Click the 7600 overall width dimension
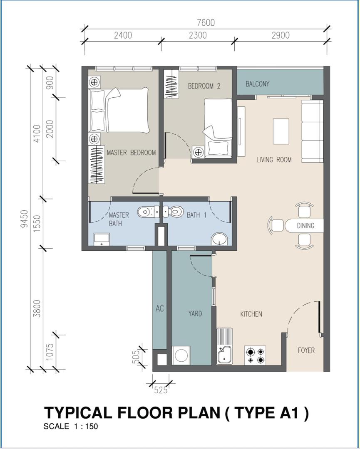point(206,22)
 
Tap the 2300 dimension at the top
point(198,35)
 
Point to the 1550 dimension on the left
point(37,223)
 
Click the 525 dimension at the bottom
point(161,390)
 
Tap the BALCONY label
point(257,84)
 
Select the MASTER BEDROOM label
point(131,152)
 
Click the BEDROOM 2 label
point(204,86)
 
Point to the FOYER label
point(306,350)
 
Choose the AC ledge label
point(160,308)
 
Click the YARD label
point(195,313)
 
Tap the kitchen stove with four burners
point(255,355)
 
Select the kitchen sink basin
point(225,355)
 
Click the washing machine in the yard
point(181,355)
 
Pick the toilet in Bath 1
point(173,212)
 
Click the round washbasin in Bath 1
point(219,239)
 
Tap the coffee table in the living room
point(281,131)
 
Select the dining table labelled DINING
point(304,225)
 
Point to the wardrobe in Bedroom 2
point(171,84)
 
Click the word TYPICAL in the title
point(78,413)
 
